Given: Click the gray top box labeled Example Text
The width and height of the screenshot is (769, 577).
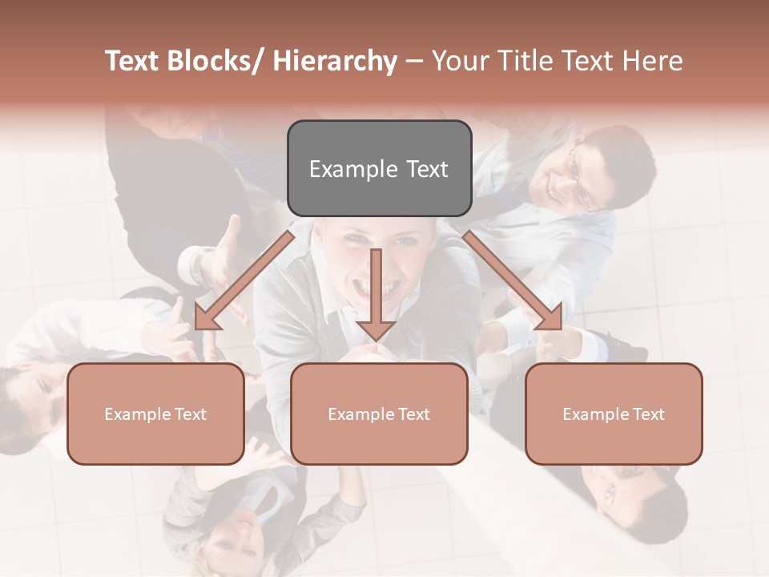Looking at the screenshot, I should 379,168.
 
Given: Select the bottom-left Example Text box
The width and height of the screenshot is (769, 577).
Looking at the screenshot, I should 155,414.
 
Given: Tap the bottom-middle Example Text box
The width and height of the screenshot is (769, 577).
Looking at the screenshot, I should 379,414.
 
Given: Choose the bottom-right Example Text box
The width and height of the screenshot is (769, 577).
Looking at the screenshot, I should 614,414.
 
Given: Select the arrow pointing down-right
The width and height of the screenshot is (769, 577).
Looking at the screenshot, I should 513,280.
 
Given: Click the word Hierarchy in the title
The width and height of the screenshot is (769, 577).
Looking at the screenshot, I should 335,62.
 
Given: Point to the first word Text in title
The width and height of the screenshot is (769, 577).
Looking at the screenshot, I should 132,62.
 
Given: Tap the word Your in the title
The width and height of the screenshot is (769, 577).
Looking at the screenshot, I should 459,62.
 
